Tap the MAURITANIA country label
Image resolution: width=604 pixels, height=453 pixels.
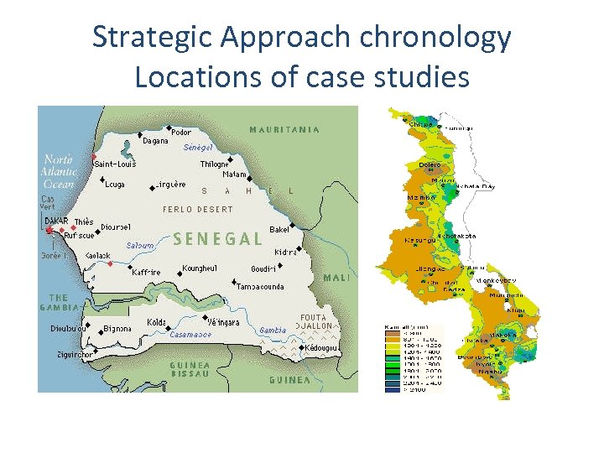coord(284,130)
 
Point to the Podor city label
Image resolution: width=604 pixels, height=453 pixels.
coord(180,132)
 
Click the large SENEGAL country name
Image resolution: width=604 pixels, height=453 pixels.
coord(218,239)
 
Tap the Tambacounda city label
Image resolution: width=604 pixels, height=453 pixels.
coord(260,287)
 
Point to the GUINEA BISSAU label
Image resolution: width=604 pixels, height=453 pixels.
coord(190,369)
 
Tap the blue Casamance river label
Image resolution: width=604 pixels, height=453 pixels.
coord(191,334)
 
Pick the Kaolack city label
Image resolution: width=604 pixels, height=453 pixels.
coord(98,255)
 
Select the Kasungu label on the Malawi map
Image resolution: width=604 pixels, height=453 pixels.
coord(419,240)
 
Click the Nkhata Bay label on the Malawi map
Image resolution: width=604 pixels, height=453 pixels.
coord(475,186)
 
